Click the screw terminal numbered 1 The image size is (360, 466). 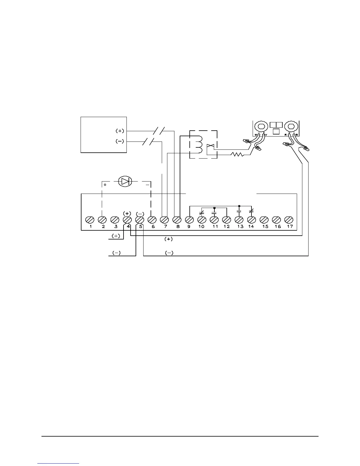tap(89, 220)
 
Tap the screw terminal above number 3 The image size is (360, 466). tap(114, 220)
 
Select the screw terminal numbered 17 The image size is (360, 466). tap(289, 220)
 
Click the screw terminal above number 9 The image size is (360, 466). tap(189, 220)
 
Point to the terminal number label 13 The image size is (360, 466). tap(240, 227)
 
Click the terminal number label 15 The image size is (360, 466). tap(265, 227)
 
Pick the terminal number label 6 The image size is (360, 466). tap(153, 227)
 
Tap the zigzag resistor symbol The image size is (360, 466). tap(237, 154)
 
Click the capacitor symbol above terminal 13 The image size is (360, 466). tap(239, 211)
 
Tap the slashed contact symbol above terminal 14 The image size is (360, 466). tap(251, 211)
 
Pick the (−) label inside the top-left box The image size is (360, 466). tap(120, 142)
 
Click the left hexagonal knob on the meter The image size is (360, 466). tap(260, 127)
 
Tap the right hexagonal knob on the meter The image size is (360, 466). tap(291, 127)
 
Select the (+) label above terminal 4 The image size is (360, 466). tap(127, 213)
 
